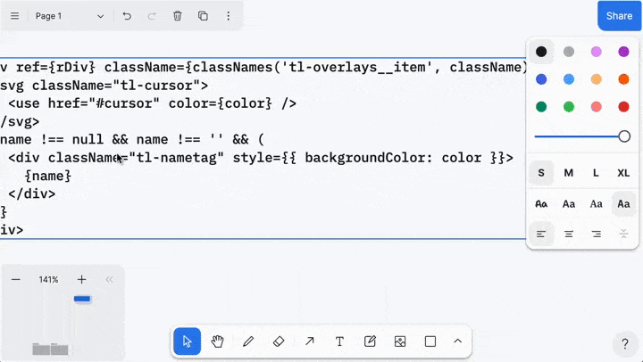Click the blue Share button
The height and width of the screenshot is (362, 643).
click(619, 16)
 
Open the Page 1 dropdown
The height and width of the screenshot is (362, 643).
click(70, 16)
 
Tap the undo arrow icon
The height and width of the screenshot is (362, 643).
click(127, 16)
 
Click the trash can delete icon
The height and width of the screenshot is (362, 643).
click(177, 16)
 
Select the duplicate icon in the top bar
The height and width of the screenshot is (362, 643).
click(203, 16)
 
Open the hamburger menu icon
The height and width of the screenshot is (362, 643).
click(15, 16)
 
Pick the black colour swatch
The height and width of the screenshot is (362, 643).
click(541, 52)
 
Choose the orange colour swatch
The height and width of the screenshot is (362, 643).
click(623, 79)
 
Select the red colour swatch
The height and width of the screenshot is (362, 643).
click(623, 106)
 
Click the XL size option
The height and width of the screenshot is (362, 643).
click(623, 173)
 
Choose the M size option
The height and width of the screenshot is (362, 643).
click(569, 173)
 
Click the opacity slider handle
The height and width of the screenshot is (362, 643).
click(624, 136)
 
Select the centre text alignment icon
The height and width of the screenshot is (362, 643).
click(569, 234)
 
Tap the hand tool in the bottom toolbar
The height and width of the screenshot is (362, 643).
click(217, 341)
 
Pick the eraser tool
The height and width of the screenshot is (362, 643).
click(279, 341)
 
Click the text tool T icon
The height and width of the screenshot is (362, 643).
click(339, 341)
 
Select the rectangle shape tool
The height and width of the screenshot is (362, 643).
click(430, 341)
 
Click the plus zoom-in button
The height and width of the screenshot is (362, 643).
click(81, 279)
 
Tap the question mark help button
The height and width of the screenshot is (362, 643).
click(625, 343)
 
